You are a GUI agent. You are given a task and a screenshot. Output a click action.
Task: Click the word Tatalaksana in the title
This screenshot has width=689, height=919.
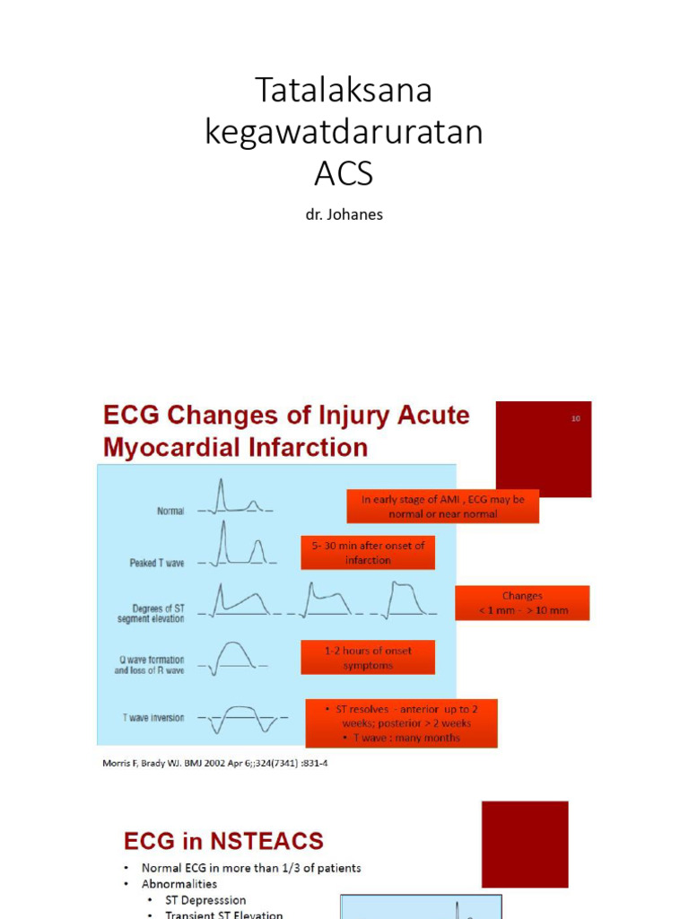click(344, 91)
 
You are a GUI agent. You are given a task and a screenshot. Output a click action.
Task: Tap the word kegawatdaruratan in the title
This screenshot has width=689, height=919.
click(344, 132)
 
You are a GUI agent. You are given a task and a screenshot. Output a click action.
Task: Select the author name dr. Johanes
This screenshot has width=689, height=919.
click(344, 215)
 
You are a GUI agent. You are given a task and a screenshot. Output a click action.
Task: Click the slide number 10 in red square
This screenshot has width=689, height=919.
click(575, 417)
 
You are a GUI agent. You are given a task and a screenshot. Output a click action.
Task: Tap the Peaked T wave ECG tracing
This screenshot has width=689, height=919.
click(237, 549)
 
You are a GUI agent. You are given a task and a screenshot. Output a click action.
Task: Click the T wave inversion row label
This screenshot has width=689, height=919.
click(153, 717)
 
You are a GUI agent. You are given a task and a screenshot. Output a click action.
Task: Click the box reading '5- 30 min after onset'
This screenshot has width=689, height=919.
click(368, 553)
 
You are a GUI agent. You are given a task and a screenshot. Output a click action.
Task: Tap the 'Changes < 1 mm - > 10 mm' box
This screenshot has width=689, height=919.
click(522, 603)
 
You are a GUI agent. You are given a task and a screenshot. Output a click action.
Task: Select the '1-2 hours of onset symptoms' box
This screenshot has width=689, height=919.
click(368, 658)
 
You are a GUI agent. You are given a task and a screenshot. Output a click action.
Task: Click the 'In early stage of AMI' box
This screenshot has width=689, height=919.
click(443, 506)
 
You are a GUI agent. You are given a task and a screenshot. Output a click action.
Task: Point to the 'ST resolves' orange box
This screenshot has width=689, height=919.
click(401, 723)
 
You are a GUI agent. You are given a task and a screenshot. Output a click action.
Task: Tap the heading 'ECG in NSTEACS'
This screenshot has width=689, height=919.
click(223, 841)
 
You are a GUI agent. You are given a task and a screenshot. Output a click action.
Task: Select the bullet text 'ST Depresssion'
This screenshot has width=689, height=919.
click(205, 899)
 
